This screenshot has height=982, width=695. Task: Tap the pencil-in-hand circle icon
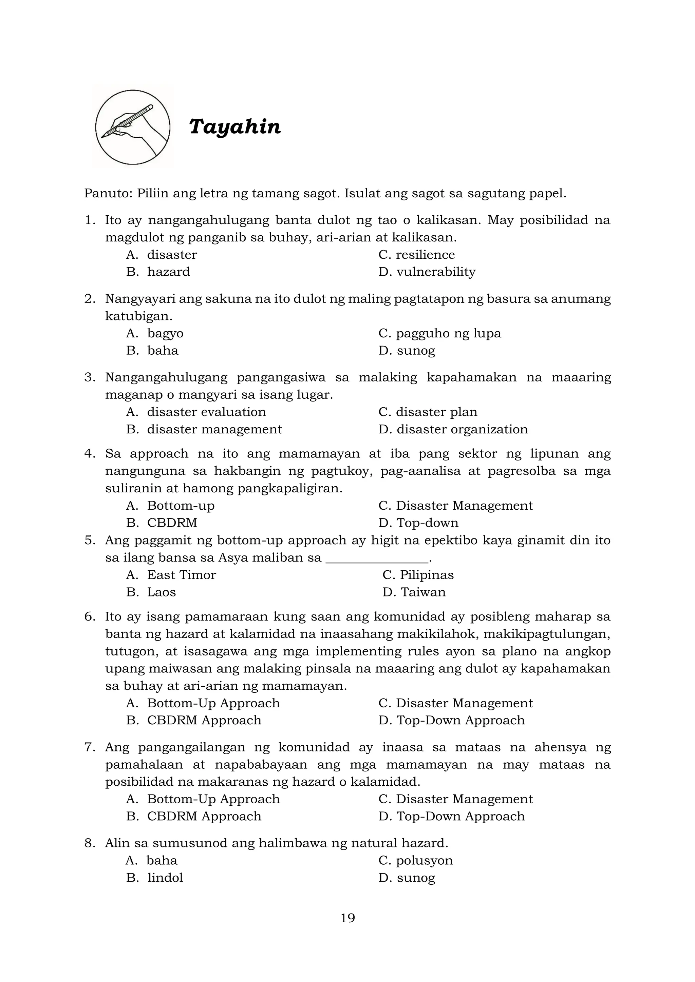click(x=133, y=127)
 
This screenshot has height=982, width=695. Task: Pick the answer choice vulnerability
click(x=436, y=272)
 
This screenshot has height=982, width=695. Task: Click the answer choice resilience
click(x=425, y=255)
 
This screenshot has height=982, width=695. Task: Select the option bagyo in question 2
click(x=165, y=333)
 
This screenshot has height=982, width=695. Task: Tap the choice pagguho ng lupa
click(x=448, y=333)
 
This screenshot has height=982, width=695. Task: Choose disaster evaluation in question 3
click(x=206, y=412)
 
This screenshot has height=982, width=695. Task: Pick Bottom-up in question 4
click(x=181, y=506)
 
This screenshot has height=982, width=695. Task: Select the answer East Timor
click(x=182, y=575)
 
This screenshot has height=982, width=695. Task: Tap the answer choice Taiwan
click(x=423, y=592)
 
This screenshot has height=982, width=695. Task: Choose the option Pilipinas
click(x=426, y=575)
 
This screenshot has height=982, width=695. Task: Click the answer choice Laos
click(x=161, y=592)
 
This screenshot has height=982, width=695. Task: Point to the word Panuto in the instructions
click(x=108, y=193)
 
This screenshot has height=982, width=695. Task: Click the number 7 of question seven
click(x=89, y=747)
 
